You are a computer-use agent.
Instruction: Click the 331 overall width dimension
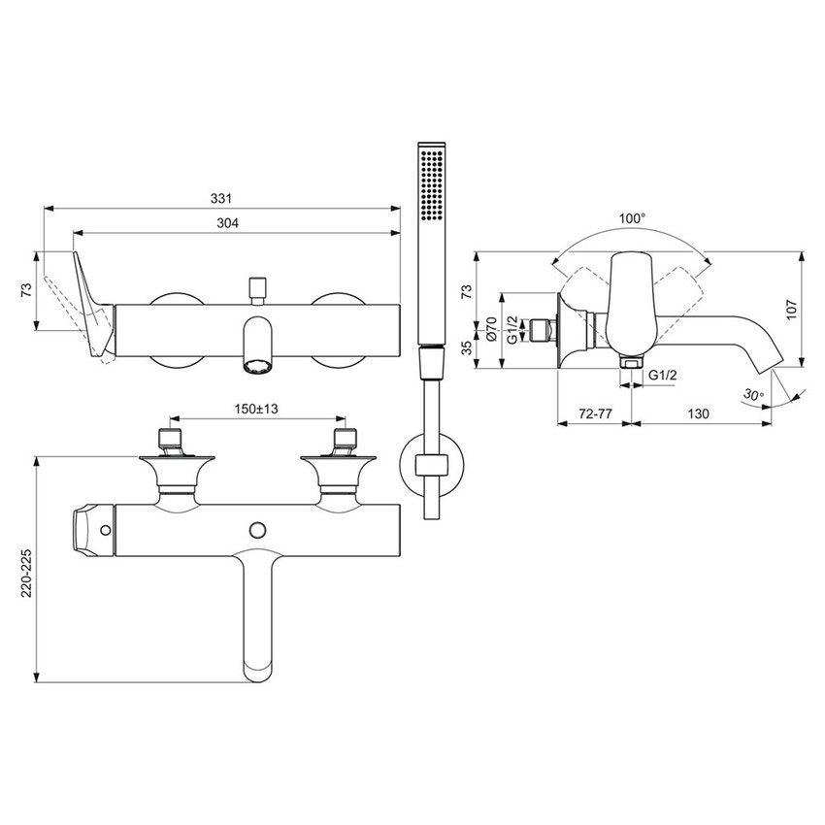[222, 198]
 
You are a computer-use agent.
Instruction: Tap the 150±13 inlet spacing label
[254, 410]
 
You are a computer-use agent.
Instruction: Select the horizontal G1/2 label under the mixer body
[663, 375]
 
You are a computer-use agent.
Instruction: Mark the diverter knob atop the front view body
[258, 288]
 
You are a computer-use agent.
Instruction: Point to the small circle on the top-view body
[257, 528]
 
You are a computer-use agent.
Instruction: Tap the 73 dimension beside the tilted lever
[27, 289]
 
